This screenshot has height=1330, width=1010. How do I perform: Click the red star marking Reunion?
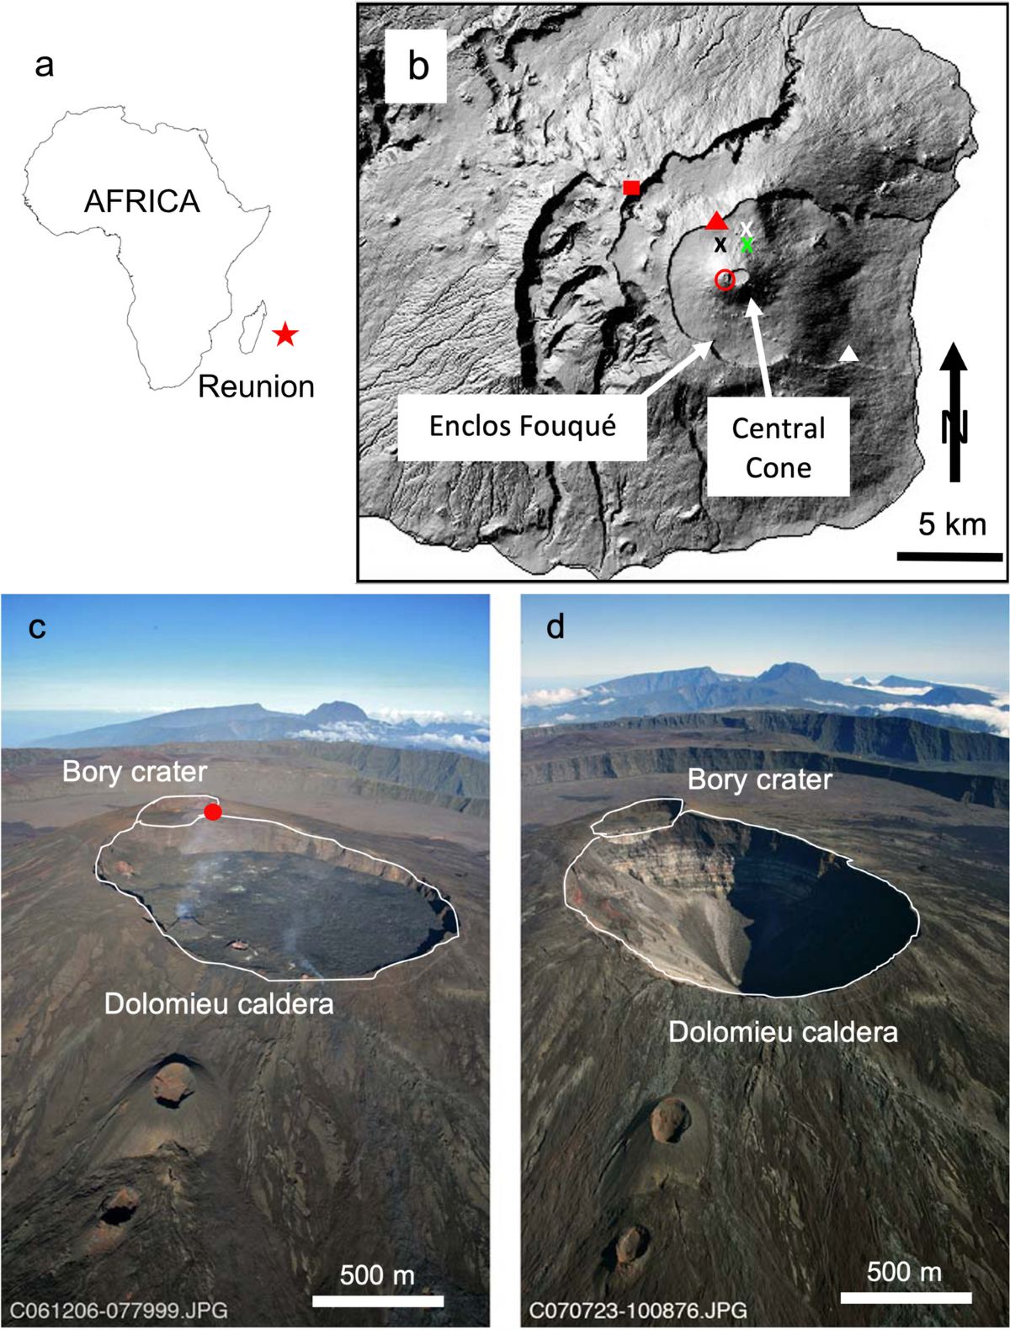click(285, 334)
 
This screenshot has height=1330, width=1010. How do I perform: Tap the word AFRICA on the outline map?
click(142, 201)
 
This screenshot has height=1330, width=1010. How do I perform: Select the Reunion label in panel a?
click(256, 386)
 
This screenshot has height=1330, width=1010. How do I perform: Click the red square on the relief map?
click(631, 187)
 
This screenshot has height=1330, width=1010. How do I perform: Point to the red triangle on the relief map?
click(716, 221)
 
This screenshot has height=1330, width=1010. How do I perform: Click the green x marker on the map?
click(747, 245)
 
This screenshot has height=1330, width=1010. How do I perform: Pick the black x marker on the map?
click(720, 245)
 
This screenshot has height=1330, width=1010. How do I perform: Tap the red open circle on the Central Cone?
click(725, 280)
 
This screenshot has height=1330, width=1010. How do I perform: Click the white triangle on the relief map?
click(850, 354)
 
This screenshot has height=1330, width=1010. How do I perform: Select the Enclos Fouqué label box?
click(522, 426)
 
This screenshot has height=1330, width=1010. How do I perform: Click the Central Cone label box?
click(779, 448)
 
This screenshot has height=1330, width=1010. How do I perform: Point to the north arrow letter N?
click(954, 427)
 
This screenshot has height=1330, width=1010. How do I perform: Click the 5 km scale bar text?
click(952, 524)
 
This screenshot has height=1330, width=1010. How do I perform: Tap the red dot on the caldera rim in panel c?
click(213, 811)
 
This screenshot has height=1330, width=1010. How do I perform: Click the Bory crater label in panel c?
click(135, 771)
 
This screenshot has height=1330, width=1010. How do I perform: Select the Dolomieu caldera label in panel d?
click(783, 1032)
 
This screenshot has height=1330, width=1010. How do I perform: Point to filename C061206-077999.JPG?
click(119, 1310)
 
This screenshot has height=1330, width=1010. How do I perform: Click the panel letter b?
click(418, 66)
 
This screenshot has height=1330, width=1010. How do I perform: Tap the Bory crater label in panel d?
click(759, 779)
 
